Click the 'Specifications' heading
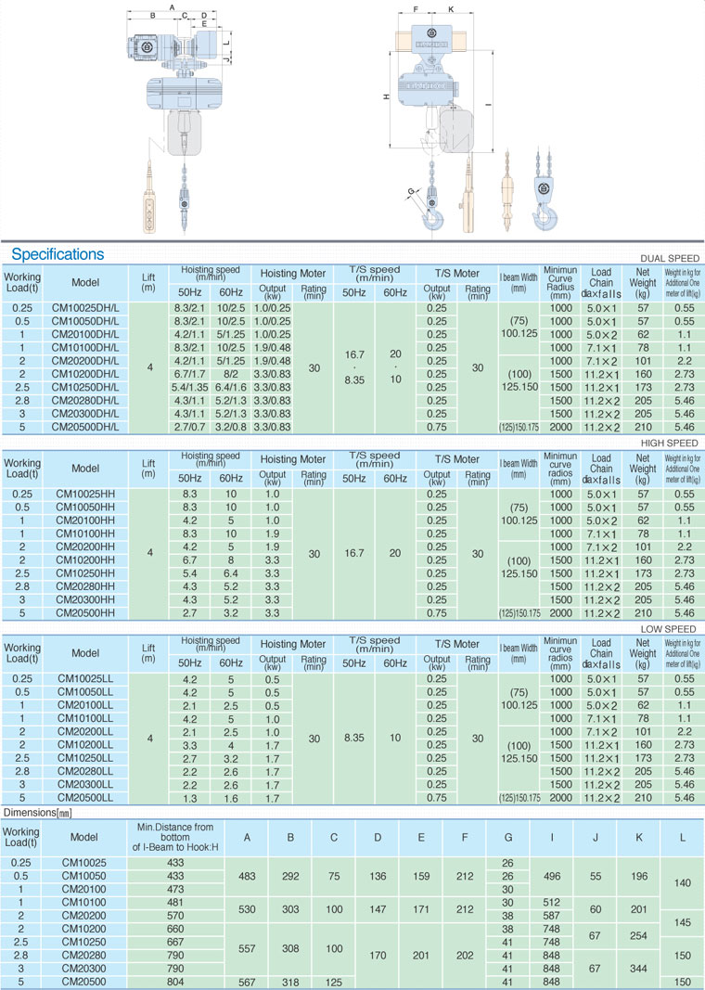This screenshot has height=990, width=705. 58,254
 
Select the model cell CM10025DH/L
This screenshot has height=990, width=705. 85,308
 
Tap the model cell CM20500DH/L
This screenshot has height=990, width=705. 85,427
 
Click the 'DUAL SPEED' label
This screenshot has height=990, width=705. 670,258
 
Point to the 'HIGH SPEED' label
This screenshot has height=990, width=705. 670,444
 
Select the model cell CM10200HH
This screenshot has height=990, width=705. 85,560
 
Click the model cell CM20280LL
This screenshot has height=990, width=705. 85,772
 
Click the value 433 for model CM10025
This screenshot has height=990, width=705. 175,863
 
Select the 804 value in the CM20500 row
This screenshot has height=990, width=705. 175,980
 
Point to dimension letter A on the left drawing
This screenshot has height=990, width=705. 173,7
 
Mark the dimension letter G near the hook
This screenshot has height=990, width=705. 409,192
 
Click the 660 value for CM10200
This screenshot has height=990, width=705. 175,929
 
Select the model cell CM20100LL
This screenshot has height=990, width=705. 85,705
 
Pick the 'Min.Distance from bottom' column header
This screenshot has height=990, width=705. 175,837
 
